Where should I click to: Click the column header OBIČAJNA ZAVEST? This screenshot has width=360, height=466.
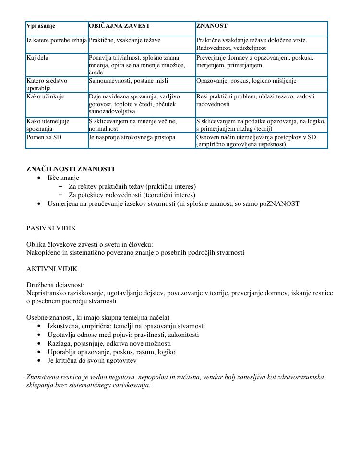click(120, 26)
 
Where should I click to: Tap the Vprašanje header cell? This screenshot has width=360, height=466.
click(41, 26)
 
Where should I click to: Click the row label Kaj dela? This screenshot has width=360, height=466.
click(37, 58)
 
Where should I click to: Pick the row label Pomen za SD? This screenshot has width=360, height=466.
click(44, 137)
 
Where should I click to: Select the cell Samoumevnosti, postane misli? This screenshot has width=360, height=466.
click(128, 81)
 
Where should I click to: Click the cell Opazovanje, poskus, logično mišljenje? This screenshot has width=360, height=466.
click(246, 81)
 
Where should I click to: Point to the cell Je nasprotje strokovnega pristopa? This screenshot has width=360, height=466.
click(132, 137)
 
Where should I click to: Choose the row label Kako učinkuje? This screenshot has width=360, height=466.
click(45, 96)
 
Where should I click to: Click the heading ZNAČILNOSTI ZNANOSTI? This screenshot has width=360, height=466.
click(70, 169)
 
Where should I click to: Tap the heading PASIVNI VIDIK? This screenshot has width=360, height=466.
click(51, 228)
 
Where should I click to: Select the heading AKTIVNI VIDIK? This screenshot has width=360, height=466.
click(52, 269)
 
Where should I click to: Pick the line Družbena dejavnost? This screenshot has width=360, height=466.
click(55, 285)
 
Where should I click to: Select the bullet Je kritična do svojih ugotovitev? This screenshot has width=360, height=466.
click(92, 360)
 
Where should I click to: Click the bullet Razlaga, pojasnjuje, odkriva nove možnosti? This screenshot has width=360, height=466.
click(109, 343)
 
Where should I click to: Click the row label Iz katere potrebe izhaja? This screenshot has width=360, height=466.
click(57, 40)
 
